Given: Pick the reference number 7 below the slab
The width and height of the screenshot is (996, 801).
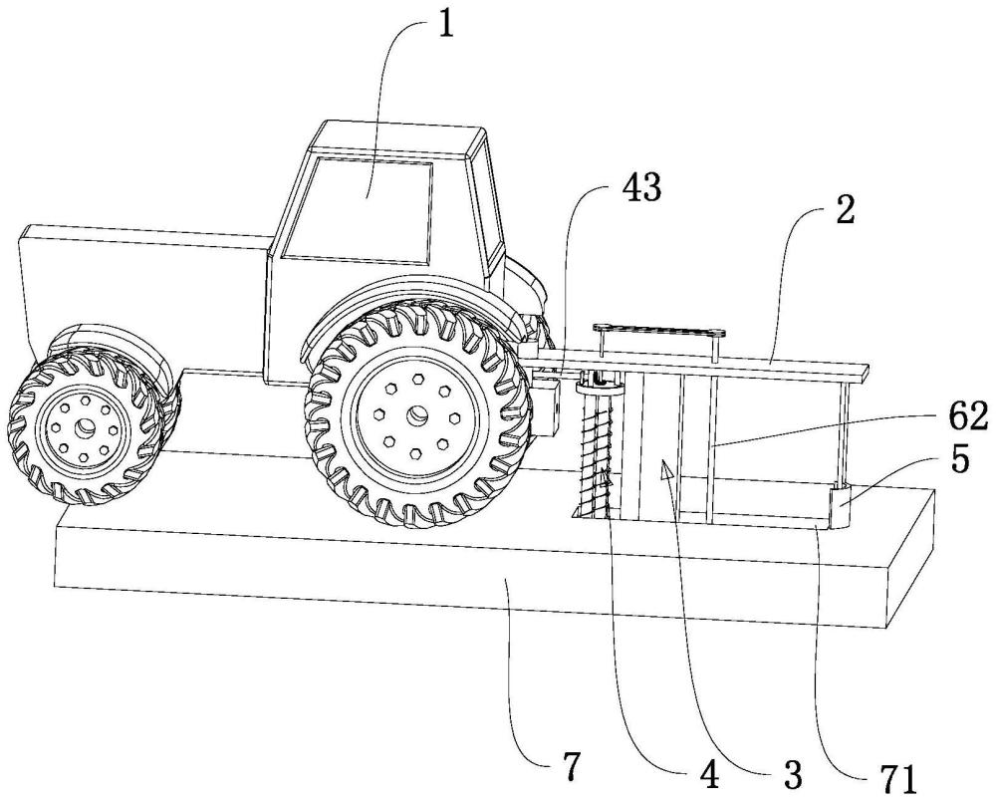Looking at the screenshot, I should click(x=570, y=768).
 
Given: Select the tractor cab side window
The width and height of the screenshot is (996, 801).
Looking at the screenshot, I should click(x=370, y=204).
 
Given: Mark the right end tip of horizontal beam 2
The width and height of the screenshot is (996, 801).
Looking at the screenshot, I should click(x=865, y=373).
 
